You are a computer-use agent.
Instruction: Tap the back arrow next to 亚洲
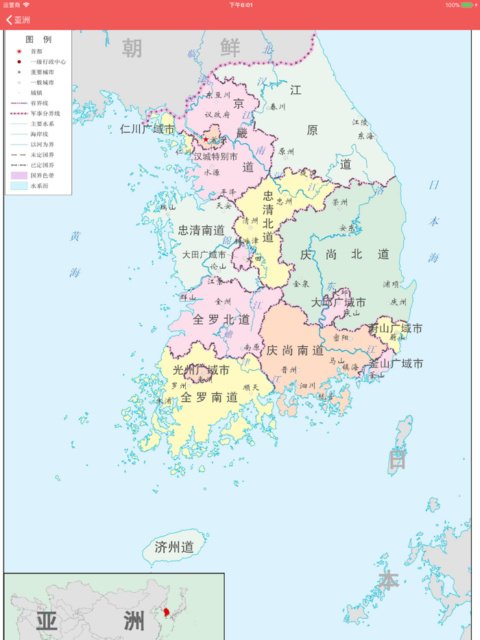click(x=9, y=20)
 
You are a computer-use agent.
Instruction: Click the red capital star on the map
click(x=205, y=139)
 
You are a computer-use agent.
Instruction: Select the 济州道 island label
click(x=174, y=547)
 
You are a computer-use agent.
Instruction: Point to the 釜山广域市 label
click(x=396, y=364)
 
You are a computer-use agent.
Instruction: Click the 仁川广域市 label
click(x=147, y=129)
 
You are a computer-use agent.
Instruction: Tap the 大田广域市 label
click(x=204, y=255)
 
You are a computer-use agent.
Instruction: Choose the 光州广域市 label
click(x=201, y=371)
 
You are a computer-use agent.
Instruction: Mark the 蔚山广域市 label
click(x=396, y=328)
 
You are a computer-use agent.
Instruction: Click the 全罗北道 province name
click(x=221, y=319)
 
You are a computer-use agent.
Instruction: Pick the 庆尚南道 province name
click(x=295, y=350)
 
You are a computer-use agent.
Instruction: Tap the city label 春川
click(x=277, y=107)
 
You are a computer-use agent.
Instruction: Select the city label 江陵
click(x=360, y=122)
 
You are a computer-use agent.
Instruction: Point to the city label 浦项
click(x=391, y=283)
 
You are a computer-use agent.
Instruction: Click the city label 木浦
click(x=164, y=401)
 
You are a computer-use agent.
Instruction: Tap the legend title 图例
click(x=38, y=39)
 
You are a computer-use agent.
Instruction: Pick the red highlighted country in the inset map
click(x=167, y=611)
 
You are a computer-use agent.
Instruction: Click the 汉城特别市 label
click(x=215, y=157)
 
